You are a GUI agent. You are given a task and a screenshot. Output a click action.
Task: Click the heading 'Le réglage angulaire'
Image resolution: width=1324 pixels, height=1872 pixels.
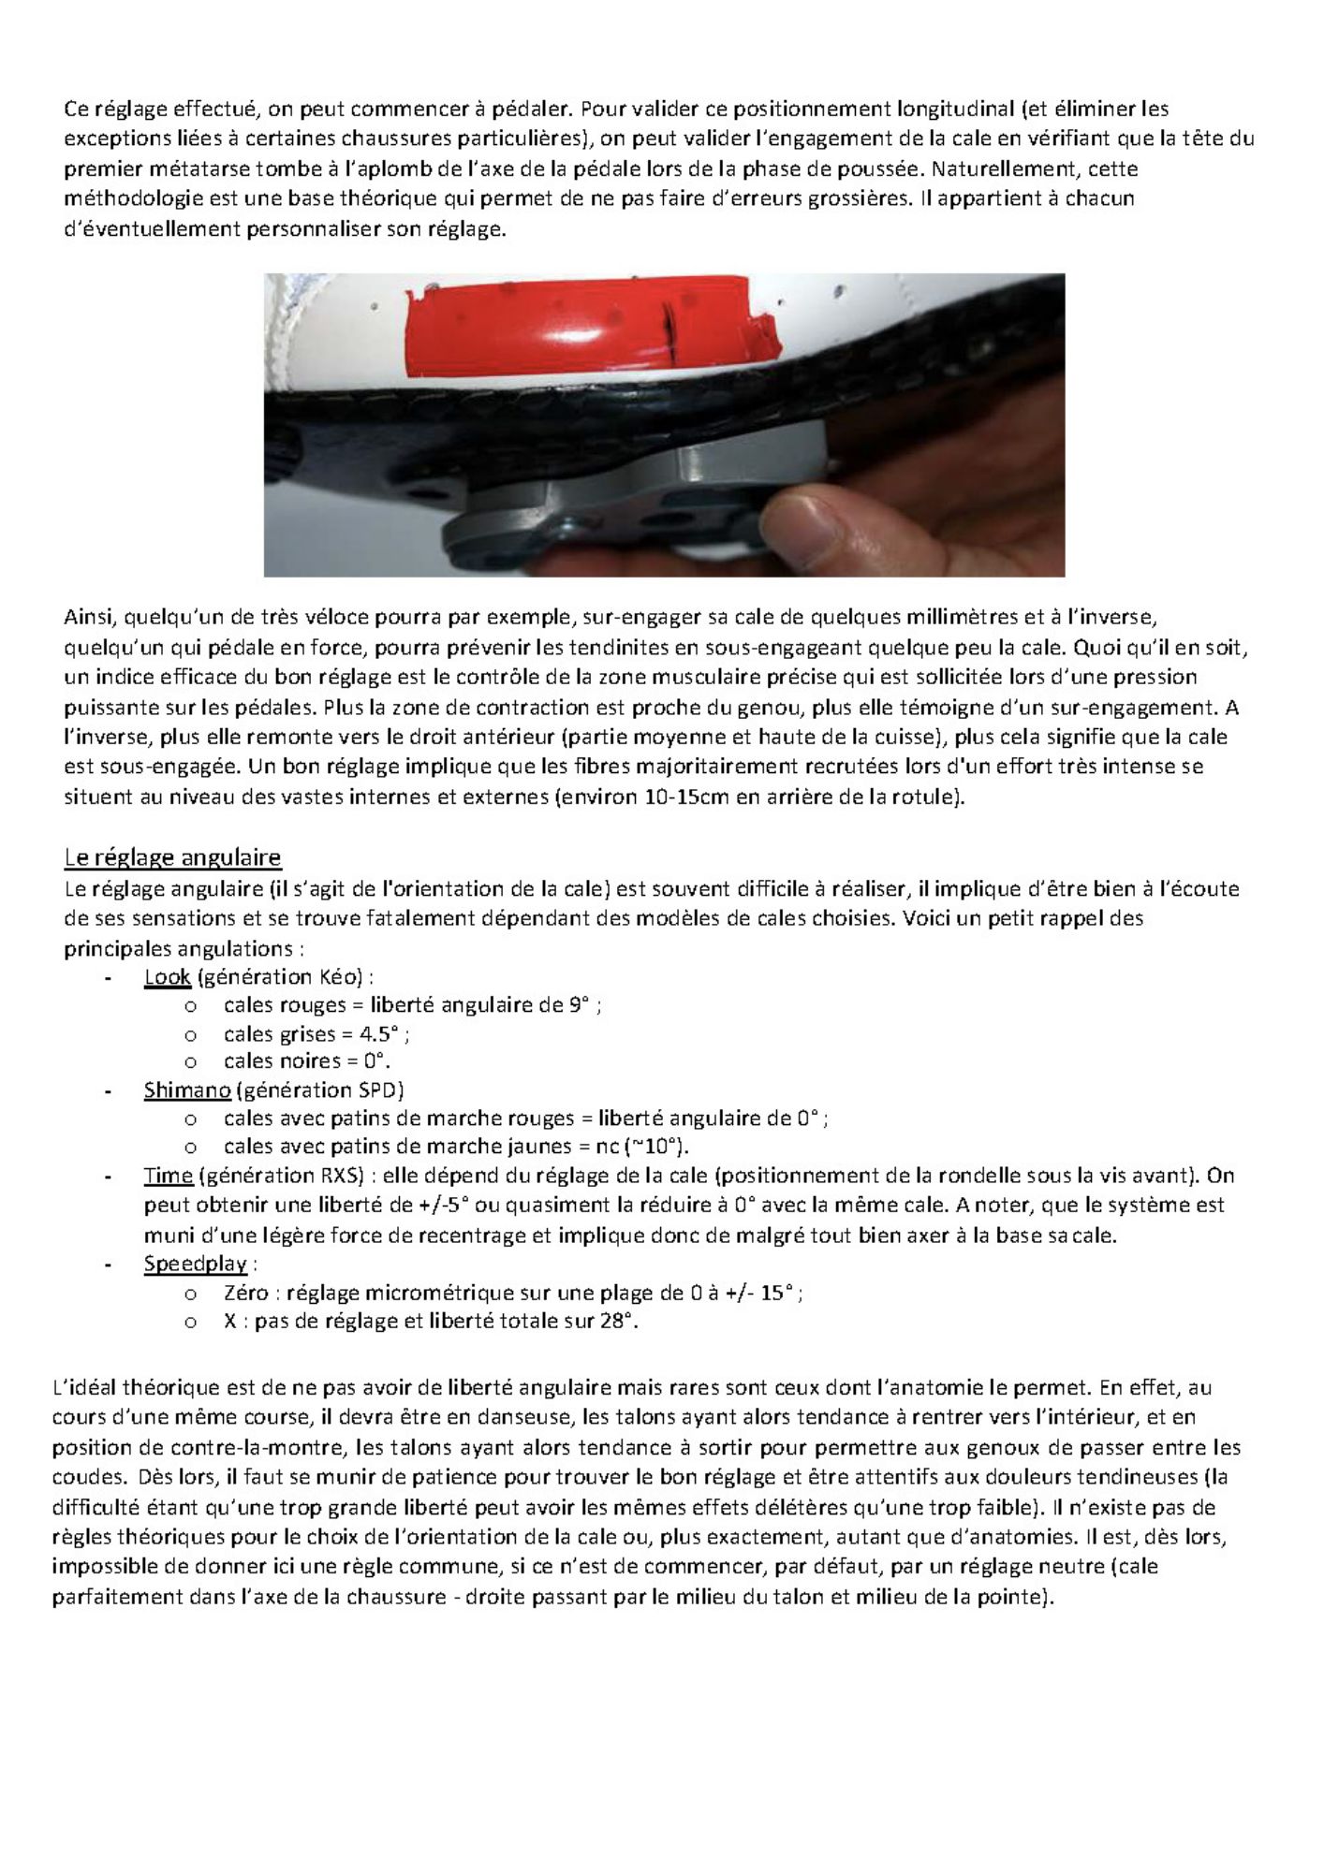pos(172,857)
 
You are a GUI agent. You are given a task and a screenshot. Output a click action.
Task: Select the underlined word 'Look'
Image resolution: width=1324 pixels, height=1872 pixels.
pos(168,977)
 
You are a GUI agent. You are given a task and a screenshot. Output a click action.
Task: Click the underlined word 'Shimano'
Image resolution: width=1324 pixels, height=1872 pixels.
pos(187,1090)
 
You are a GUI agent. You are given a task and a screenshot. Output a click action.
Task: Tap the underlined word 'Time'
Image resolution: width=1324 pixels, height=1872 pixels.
pos(169,1176)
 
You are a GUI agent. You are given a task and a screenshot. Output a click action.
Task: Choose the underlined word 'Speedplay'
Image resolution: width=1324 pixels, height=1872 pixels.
pos(195,1264)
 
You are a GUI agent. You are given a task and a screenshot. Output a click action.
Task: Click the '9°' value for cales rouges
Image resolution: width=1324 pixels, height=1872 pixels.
pos(580,1005)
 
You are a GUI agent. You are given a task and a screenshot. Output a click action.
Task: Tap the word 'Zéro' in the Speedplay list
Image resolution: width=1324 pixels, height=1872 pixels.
pos(246,1294)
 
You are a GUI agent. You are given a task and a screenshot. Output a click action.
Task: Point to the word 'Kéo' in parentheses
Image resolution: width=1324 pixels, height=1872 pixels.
pos(343,977)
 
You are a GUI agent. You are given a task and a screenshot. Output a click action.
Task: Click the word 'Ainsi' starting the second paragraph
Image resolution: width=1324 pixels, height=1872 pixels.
pos(88,618)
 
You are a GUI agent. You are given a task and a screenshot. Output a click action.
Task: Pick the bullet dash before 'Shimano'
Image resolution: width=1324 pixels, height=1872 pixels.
pos(110,1090)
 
